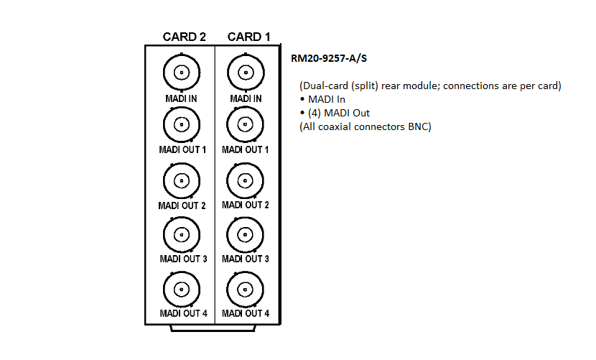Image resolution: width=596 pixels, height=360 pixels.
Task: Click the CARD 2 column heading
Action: click(x=185, y=37)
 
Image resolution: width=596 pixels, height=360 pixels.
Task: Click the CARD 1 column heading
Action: click(x=249, y=37)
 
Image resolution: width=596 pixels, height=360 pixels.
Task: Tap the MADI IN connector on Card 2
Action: click(x=182, y=73)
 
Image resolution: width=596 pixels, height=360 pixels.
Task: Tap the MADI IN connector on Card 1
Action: click(x=245, y=73)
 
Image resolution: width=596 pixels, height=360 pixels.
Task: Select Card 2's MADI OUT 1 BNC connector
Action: click(x=182, y=125)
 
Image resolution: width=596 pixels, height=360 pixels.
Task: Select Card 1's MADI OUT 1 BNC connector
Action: click(x=245, y=125)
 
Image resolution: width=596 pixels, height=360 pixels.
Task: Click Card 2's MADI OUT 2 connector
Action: click(x=182, y=180)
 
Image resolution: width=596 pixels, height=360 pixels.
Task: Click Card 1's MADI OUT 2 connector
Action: click(x=245, y=180)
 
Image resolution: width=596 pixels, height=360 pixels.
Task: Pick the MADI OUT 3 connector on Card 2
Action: click(x=182, y=234)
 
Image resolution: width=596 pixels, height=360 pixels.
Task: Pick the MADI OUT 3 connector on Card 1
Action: click(x=245, y=234)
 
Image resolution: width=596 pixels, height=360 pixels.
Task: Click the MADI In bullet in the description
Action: click(x=327, y=99)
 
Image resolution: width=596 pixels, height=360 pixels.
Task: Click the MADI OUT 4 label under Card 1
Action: click(x=246, y=313)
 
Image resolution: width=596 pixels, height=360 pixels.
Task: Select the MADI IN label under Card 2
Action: click(x=182, y=98)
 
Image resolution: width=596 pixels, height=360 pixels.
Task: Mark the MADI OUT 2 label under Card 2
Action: click(x=182, y=206)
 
